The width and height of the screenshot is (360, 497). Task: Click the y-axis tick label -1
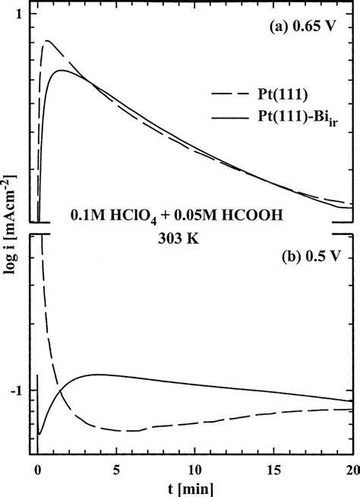point(17,391)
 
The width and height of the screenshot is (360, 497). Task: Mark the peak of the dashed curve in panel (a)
point(48,41)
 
